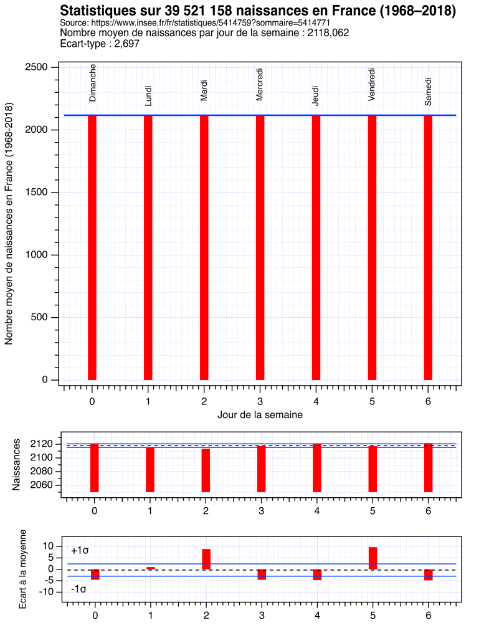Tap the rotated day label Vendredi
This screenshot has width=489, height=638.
[x=372, y=84]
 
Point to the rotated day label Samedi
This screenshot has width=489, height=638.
[x=428, y=91]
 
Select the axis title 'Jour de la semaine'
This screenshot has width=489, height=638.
[x=260, y=414]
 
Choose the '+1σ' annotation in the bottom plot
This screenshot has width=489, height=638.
[x=80, y=551]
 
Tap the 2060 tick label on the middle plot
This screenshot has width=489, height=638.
[x=46, y=485]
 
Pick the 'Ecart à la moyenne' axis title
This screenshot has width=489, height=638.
[x=23, y=568]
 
